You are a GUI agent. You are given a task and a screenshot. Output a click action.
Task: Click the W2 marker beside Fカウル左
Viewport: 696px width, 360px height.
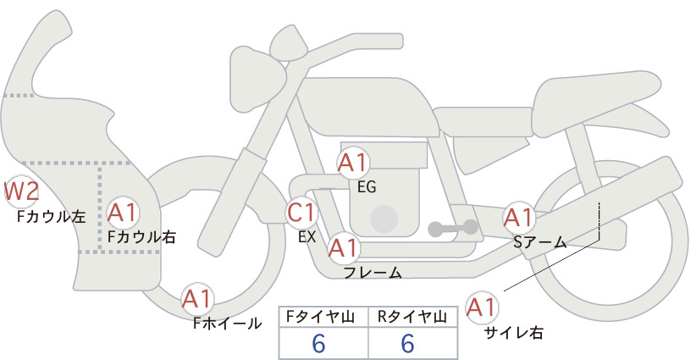coord(21,192)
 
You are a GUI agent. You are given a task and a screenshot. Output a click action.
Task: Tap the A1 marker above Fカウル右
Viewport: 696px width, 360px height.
coord(123,213)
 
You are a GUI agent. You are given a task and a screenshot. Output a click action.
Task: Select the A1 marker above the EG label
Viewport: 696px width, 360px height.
coord(353,163)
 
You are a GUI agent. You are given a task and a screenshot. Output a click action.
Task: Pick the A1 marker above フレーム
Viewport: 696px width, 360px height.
coord(344,247)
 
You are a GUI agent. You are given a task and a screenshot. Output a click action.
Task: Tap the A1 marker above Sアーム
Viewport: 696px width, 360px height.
coord(518,218)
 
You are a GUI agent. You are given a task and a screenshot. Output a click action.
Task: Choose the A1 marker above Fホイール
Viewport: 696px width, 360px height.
coord(196,299)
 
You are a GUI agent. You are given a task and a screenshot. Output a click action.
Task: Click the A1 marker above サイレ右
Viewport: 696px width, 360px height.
coord(482,307)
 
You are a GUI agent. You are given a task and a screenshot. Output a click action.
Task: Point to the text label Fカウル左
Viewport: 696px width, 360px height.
coord(51,216)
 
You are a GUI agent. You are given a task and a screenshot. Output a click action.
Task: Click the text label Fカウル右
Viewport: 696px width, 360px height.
coord(141,236)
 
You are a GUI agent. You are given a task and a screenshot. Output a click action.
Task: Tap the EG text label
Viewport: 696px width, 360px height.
coord(367,187)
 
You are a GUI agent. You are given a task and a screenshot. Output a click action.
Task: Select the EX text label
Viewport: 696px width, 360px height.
coord(307,237)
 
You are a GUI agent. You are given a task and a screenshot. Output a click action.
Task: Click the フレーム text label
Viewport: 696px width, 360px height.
coord(373,272)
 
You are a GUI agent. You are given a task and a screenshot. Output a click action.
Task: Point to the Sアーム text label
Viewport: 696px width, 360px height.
coord(539,242)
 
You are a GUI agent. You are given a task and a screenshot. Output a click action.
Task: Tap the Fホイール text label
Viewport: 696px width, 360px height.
coord(227,324)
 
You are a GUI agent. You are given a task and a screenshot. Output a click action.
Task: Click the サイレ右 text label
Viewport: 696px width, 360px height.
coord(514,333)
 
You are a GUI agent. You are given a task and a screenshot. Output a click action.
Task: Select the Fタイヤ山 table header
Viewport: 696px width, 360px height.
coord(320,317)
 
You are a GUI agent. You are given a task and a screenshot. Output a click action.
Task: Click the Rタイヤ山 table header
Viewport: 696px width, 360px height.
coord(412,317)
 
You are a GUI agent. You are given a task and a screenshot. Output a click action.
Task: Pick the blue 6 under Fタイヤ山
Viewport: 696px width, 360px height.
coord(318,343)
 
